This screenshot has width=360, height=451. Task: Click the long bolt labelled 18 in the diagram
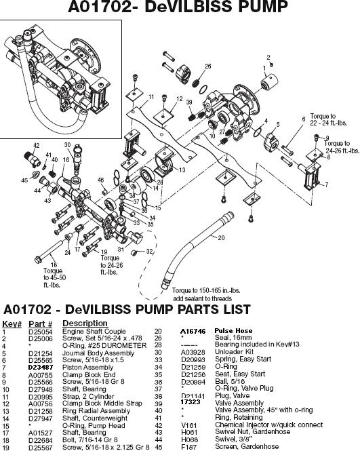(47, 257)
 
